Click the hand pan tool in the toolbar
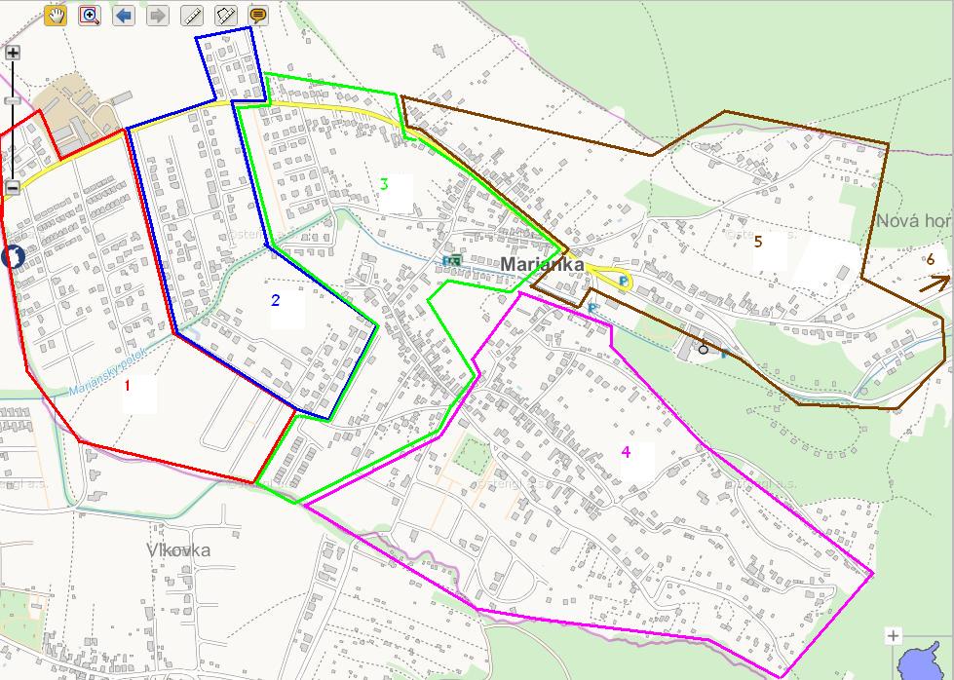(x=57, y=16)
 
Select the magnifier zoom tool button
(x=90, y=16)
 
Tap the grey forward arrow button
(x=157, y=16)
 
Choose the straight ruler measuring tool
(x=192, y=16)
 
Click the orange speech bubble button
(x=258, y=16)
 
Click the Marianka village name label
(x=542, y=264)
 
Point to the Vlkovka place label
(x=178, y=550)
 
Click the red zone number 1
(x=127, y=385)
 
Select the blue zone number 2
(x=276, y=300)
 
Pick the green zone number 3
(x=385, y=184)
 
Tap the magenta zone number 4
(x=626, y=451)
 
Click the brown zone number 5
(x=757, y=242)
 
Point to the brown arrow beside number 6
(x=937, y=283)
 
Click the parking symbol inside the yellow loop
(x=623, y=282)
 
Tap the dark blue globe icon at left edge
(x=13, y=257)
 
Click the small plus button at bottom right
(x=894, y=636)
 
